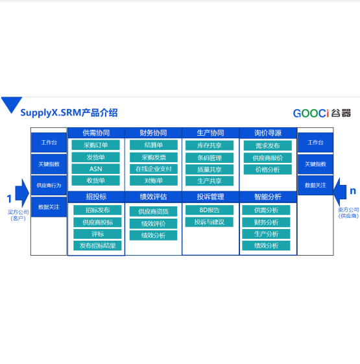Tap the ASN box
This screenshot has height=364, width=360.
[x=95, y=169]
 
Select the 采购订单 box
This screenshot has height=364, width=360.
[x=95, y=145]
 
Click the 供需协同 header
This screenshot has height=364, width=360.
[x=96, y=133]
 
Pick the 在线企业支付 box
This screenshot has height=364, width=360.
[x=154, y=169]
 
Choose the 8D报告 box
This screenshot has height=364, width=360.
[x=210, y=210]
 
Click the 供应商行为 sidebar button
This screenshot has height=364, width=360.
[x=49, y=186]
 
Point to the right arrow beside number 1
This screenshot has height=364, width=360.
[x=22, y=193]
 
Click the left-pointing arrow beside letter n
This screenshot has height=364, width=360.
[x=340, y=191]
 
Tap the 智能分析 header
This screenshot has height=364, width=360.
[x=268, y=197]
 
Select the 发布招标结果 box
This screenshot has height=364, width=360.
[x=97, y=246]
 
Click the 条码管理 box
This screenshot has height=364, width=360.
[x=210, y=158]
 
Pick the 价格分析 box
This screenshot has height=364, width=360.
[x=268, y=169]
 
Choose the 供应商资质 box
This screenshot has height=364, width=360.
[x=153, y=212]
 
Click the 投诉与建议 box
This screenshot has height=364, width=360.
[x=210, y=222]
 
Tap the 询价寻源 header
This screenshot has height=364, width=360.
[x=268, y=133]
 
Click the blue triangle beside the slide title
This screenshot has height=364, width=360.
[x=12, y=104]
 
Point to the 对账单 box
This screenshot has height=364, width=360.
[x=154, y=180]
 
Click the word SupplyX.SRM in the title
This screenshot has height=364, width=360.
[x=51, y=113]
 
